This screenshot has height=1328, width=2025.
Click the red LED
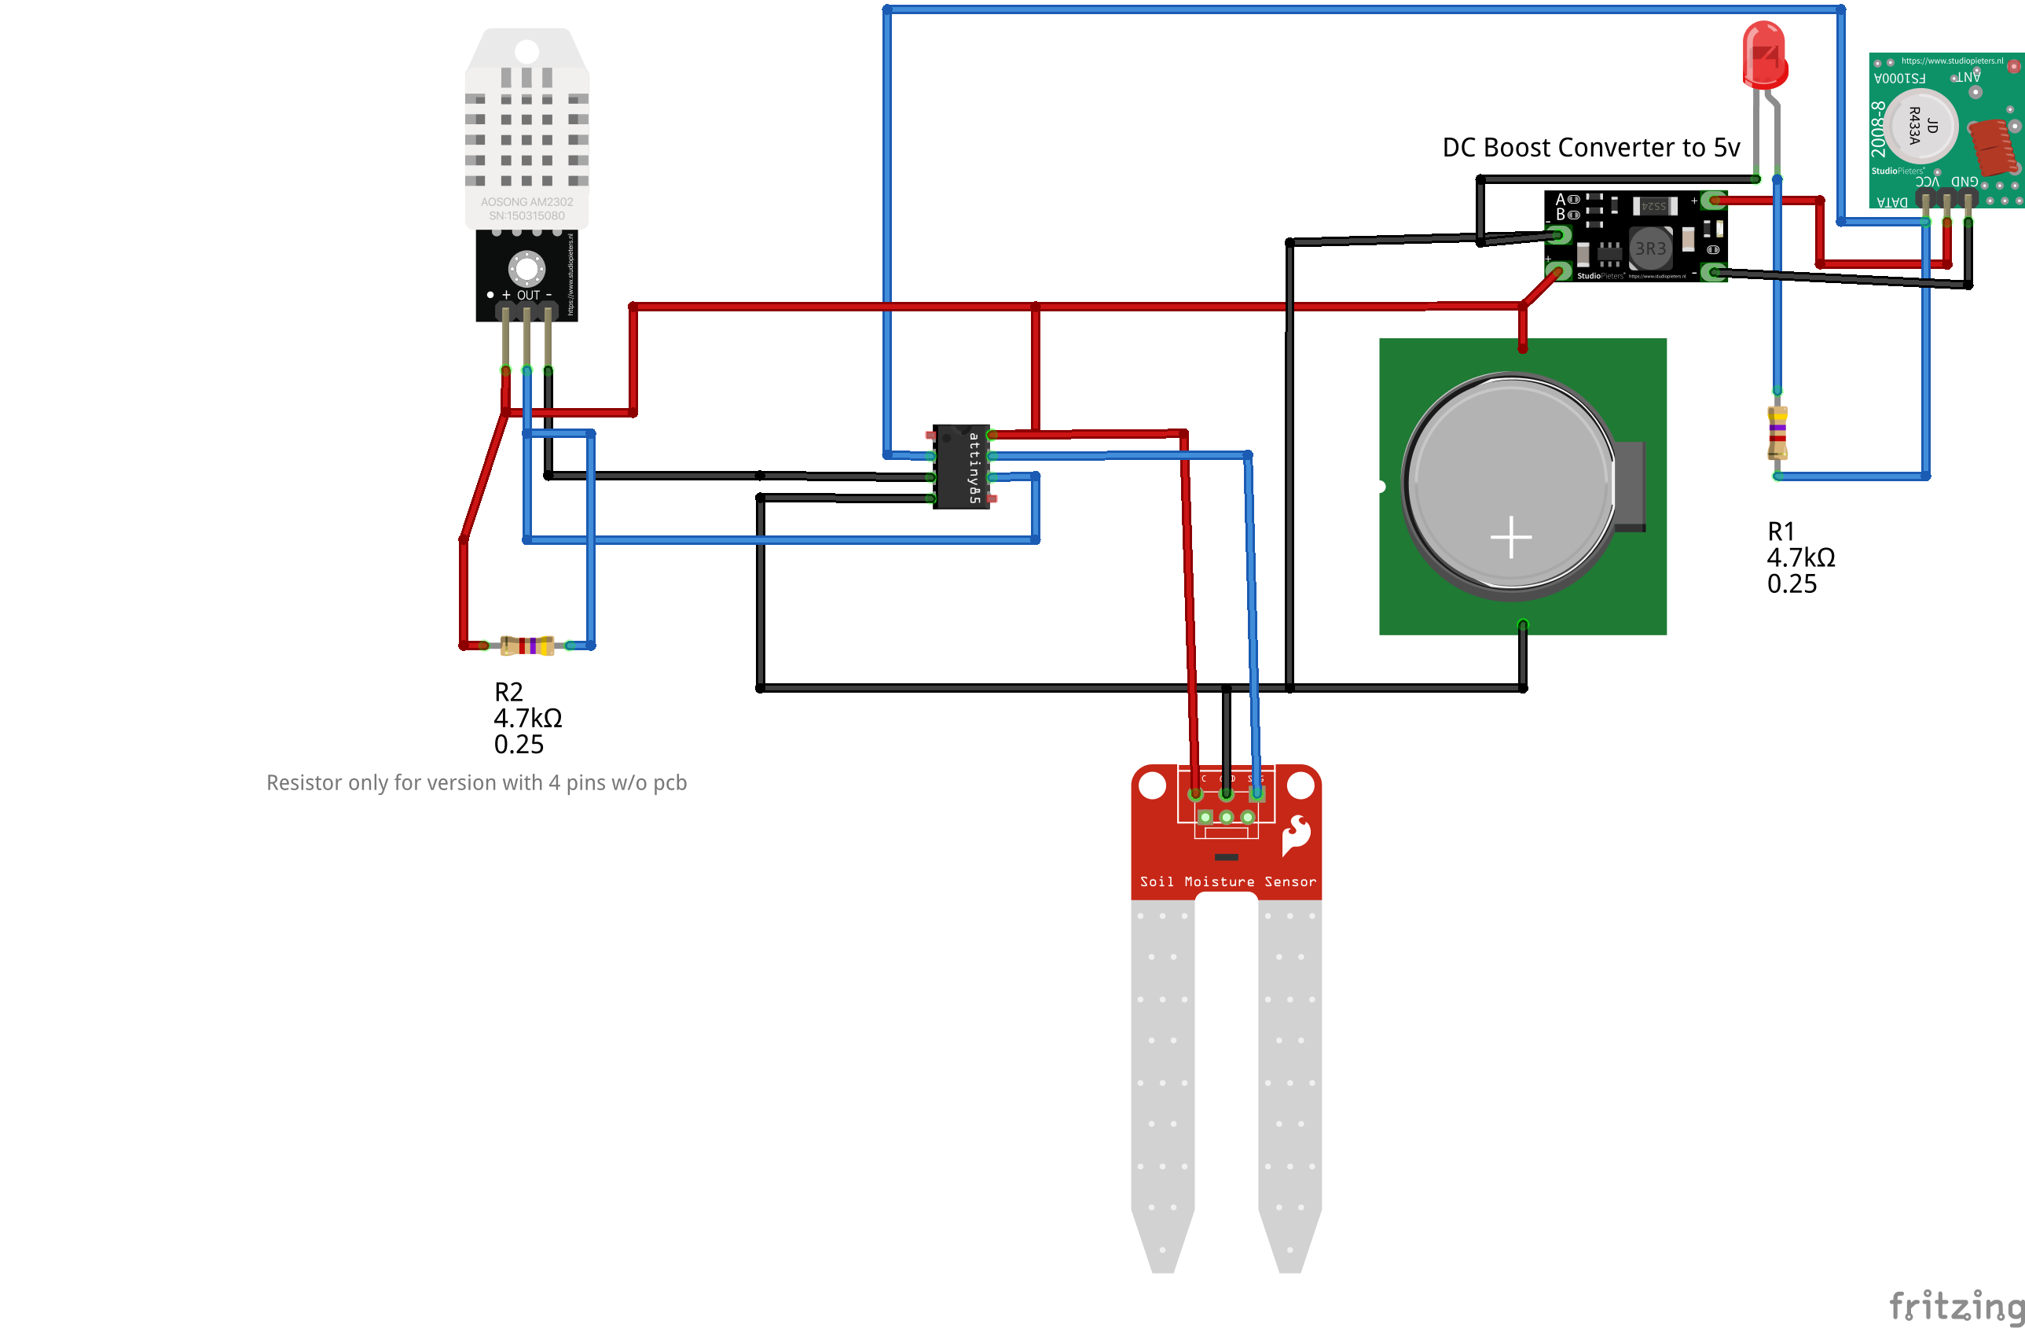[1765, 56]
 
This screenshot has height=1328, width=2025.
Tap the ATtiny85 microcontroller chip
[962, 466]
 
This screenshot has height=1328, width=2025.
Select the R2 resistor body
[527, 646]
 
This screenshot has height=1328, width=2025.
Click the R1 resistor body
[1777, 433]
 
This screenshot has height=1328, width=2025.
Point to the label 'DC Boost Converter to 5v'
[1590, 147]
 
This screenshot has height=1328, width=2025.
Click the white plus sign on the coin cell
[1511, 537]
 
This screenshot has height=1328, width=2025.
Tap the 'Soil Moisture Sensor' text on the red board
[1227, 882]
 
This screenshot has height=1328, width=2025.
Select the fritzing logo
[1955, 1306]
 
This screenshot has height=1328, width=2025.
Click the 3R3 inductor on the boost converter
[1649, 248]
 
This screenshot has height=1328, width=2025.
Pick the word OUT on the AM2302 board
[528, 296]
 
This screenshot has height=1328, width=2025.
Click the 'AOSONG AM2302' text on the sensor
[526, 203]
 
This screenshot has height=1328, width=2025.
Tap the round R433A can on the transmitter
[1921, 126]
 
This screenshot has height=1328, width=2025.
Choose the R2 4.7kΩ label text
[527, 718]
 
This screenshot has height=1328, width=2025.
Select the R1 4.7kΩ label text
[1800, 557]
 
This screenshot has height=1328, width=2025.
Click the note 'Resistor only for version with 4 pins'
[476, 782]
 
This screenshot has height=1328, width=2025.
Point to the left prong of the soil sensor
[1162, 1081]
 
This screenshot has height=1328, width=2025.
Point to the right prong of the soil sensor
[1289, 1081]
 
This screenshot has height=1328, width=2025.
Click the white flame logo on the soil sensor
[1296, 834]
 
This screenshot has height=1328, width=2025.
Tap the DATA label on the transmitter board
[1891, 203]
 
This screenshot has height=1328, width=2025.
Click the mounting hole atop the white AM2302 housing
[526, 51]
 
